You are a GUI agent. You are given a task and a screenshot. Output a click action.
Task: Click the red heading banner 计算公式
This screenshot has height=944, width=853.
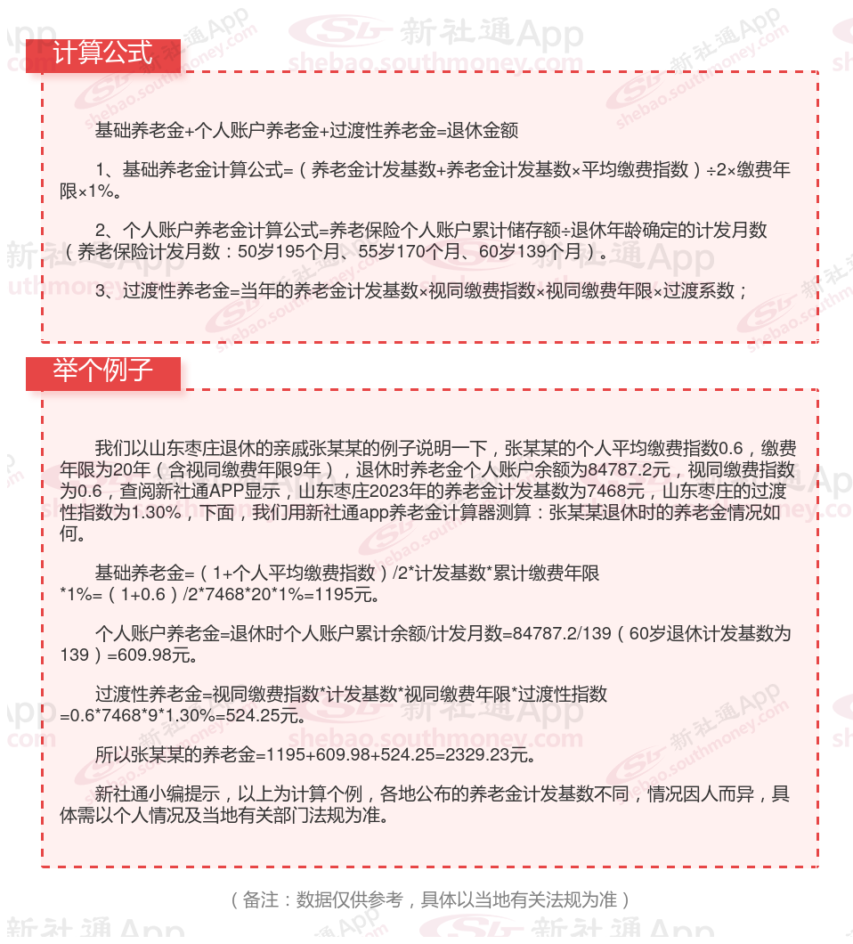click(x=102, y=54)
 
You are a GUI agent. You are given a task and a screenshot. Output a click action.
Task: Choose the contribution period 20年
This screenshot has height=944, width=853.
click(x=146, y=469)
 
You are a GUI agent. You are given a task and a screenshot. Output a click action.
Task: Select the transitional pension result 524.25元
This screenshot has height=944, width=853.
click(x=270, y=715)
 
